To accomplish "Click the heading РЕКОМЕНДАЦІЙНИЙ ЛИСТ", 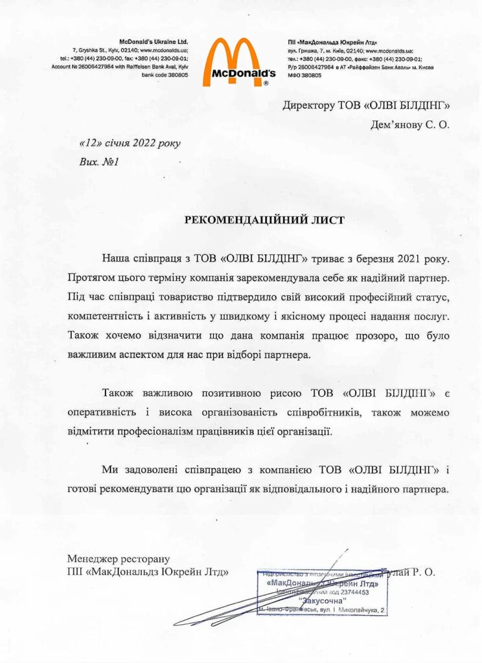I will point(265,220).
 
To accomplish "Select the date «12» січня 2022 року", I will point(130,143).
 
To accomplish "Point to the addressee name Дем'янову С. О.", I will point(409,124).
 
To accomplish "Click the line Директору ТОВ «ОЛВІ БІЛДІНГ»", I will point(365,106).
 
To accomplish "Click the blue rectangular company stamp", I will point(322,592).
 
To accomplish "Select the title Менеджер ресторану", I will point(118,558).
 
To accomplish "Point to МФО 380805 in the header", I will point(304,75).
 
